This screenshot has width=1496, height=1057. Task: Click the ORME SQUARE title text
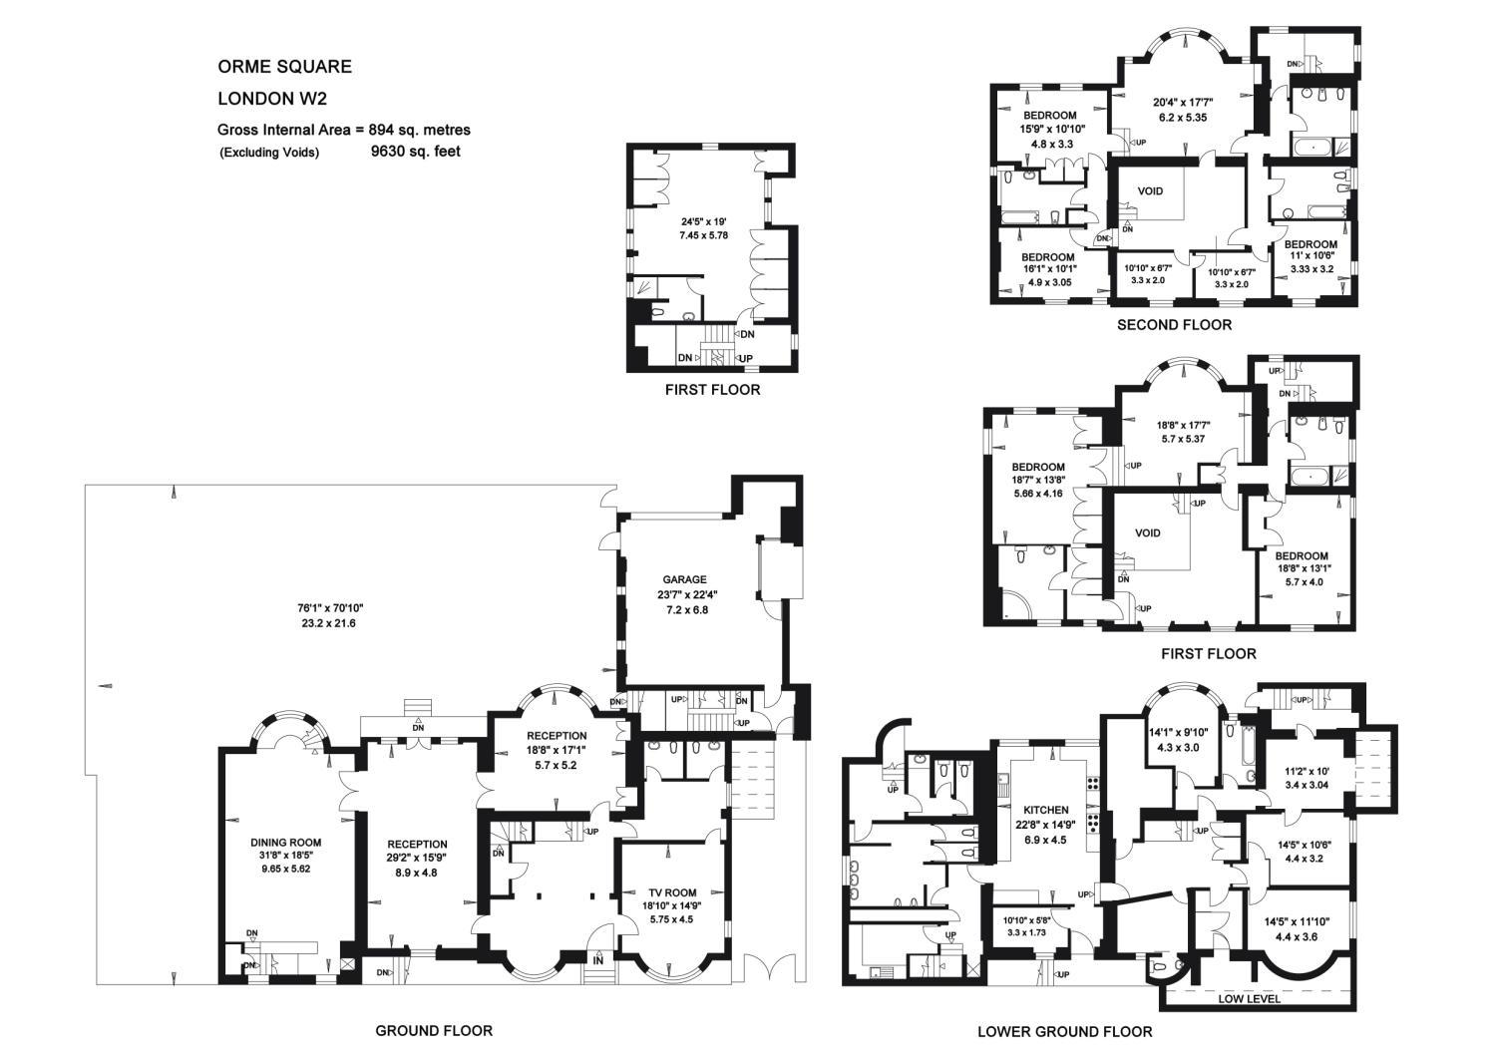284,67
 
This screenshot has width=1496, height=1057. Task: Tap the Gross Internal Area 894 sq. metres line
344,130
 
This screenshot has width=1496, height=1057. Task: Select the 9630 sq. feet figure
416,151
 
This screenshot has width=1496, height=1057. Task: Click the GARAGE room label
684,579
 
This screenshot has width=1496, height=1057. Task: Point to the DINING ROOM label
286,843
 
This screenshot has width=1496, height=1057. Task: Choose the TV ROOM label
672,892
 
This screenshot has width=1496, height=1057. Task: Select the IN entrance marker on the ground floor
597,961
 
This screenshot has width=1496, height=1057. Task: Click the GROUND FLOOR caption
434,1031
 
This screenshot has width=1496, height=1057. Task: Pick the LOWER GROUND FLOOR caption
1065,1032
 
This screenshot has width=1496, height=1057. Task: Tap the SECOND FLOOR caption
1175,325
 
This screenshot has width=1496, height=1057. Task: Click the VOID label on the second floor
1150,191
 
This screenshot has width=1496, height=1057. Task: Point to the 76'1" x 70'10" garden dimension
330,608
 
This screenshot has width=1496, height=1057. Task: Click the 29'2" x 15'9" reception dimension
418,858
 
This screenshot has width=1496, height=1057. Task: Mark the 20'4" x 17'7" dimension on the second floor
1184,103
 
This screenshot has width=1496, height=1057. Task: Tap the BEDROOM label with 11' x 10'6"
1311,244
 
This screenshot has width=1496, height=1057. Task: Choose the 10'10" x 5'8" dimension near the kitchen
1029,920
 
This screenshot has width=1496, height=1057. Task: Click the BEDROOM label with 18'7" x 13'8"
1038,467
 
